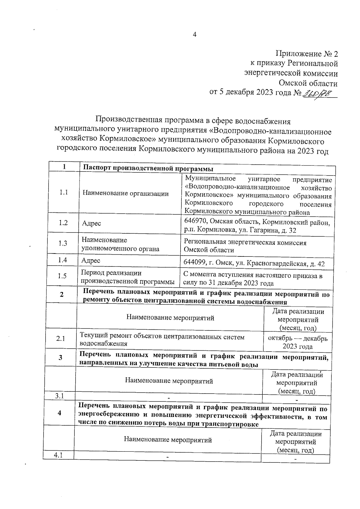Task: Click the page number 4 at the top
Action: [194, 35]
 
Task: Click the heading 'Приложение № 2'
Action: [307, 54]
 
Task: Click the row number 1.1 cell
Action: [64, 192]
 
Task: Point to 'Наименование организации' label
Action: [125, 194]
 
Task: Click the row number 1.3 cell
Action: [63, 243]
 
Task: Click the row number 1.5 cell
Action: [62, 276]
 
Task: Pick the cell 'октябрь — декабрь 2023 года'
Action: [298, 342]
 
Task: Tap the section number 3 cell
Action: [61, 358]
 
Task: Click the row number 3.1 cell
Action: [60, 396]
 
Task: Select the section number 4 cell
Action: [59, 413]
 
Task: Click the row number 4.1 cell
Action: [58, 455]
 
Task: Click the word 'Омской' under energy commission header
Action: [293, 83]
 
